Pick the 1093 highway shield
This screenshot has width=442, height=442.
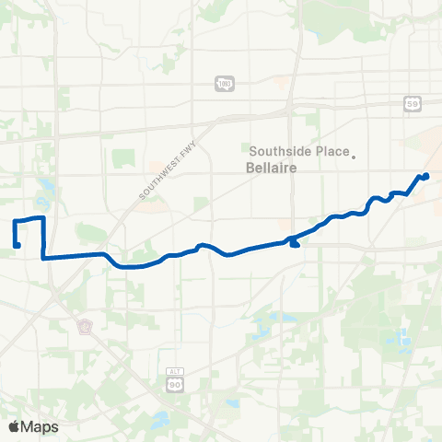click(x=224, y=84)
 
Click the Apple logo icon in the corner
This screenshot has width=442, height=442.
click(x=15, y=426)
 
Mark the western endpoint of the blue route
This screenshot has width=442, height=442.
click(x=17, y=245)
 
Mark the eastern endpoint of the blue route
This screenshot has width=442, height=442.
click(x=425, y=175)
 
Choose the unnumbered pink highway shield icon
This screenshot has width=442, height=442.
click(x=84, y=327)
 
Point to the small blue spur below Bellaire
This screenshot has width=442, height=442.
click(x=294, y=243)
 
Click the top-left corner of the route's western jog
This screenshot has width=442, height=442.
click(x=14, y=221)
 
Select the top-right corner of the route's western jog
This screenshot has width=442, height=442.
click(x=42, y=217)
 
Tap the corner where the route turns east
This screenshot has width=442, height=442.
click(x=44, y=259)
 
